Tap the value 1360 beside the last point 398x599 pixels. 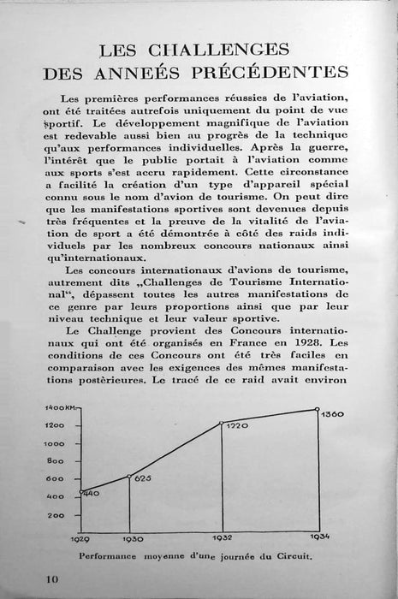(x=334, y=414)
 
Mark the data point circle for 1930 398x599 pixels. (x=128, y=476)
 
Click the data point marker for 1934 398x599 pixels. (x=317, y=408)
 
